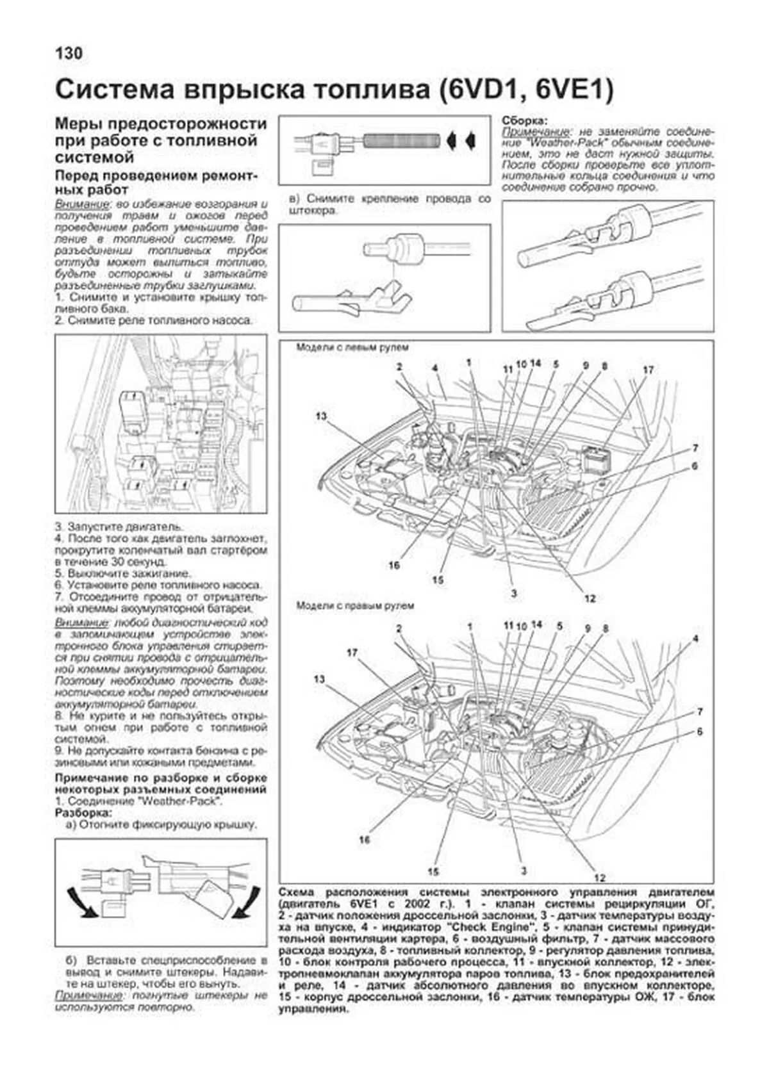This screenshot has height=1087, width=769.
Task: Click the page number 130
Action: coord(69,53)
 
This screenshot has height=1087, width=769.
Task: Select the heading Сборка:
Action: coord(524,120)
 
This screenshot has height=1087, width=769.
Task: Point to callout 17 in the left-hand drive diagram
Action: coord(647,370)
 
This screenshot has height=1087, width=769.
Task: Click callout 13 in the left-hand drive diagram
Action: coord(321,416)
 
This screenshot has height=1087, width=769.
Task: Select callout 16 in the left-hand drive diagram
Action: coord(393,565)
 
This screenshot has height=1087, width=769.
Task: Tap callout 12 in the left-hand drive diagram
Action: coord(590,598)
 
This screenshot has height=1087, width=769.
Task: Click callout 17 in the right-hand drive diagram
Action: coord(352,653)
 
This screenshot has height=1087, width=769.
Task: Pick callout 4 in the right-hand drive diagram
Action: coord(695,639)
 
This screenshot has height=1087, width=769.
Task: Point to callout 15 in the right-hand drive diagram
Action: coord(433,871)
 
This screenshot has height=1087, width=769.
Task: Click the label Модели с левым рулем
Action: coord(352,348)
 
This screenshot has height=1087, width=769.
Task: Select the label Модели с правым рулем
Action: coord(355,605)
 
